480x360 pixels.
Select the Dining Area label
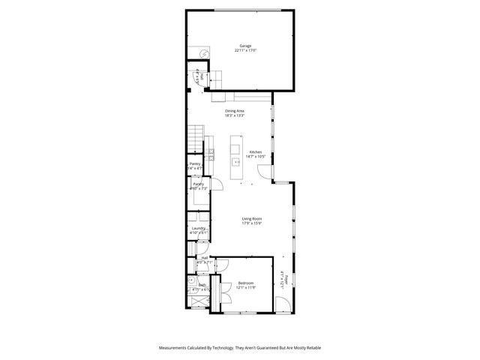(234, 111)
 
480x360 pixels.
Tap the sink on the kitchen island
(235, 160)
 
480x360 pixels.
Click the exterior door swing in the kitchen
(263, 173)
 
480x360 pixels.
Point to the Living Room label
(251, 218)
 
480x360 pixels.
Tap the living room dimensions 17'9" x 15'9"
(251, 223)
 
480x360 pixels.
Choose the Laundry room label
(199, 228)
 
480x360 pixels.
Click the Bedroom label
(247, 283)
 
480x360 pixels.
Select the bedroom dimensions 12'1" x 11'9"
(247, 287)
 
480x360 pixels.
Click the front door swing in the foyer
(283, 304)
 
